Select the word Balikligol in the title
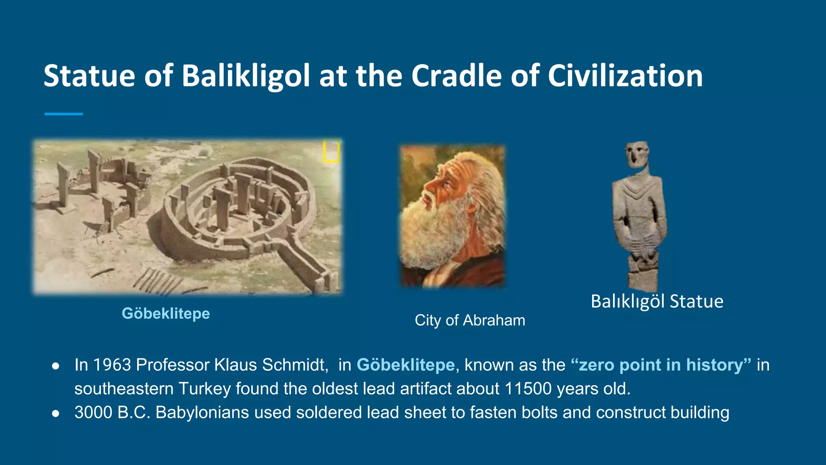click(x=246, y=76)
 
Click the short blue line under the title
click(x=64, y=114)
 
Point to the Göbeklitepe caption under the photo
click(x=166, y=314)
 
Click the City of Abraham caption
click(x=470, y=320)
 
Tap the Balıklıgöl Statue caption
click(x=657, y=302)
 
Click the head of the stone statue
click(x=637, y=154)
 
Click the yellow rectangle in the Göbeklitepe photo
click(x=331, y=151)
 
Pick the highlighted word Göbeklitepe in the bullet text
click(x=406, y=365)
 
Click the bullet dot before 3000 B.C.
click(x=56, y=413)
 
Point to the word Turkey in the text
click(x=205, y=389)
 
